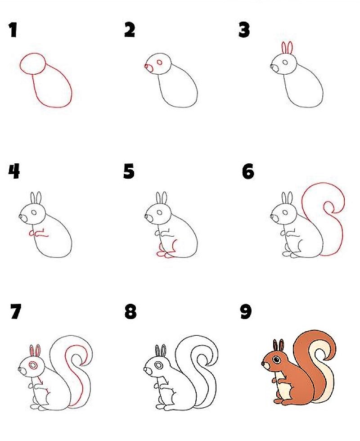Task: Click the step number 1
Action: click(13, 31)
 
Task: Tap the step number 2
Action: click(130, 30)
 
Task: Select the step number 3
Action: click(244, 30)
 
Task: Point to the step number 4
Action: click(14, 171)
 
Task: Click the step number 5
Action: click(129, 171)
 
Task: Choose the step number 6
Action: click(248, 171)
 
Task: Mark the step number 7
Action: click(15, 312)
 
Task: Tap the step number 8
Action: click(130, 312)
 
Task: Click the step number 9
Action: click(246, 312)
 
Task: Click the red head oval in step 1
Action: click(32, 63)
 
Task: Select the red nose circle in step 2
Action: click(146, 67)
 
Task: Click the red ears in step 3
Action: click(287, 48)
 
